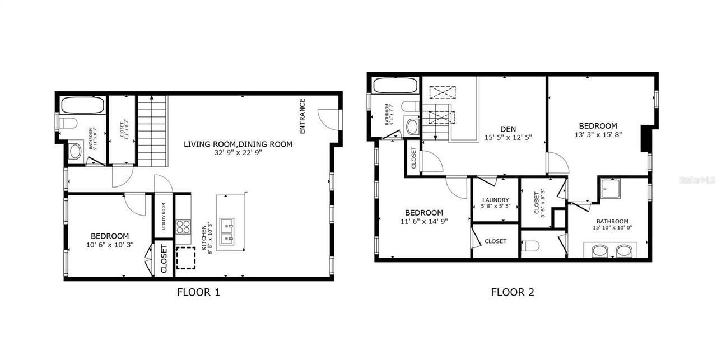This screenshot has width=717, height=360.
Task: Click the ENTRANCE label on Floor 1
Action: pos(302,116)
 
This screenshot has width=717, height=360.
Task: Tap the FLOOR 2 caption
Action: pos(513,292)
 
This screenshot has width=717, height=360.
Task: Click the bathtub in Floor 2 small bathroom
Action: pos(395,87)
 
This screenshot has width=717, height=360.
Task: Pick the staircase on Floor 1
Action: pos(153,130)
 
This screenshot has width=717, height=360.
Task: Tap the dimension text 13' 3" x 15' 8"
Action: pos(598,134)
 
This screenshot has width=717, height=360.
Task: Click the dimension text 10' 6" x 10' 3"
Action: pos(110,245)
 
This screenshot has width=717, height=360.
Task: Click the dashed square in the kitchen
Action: pos(186,258)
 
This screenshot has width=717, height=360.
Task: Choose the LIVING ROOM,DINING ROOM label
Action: pos(238,144)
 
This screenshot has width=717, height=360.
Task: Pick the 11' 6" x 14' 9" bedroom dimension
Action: pos(424,221)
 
